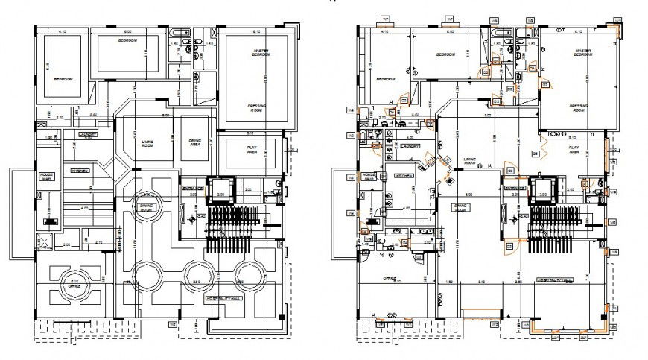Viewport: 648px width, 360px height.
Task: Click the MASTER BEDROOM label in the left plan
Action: [260, 53]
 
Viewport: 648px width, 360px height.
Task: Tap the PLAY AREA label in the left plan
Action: [256, 148]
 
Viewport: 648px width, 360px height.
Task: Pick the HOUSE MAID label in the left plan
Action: [46, 177]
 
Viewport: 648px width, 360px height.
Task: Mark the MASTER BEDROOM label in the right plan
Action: [582, 53]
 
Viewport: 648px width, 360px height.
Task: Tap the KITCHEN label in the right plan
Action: [404, 176]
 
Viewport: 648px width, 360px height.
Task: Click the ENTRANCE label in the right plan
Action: [515, 188]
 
